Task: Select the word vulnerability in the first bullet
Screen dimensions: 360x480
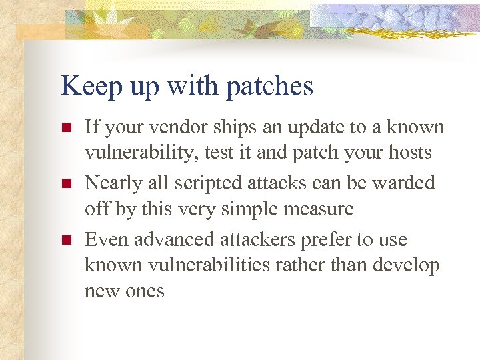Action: [135, 153]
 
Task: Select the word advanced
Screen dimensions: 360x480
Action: [168, 240]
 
